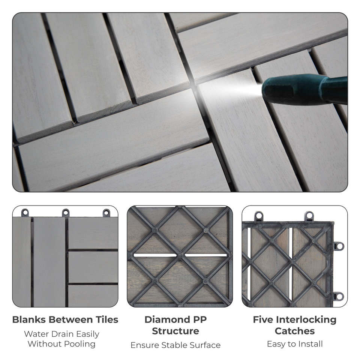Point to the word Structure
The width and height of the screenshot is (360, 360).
pos(175,331)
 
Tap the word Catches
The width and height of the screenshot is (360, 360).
pos(295,331)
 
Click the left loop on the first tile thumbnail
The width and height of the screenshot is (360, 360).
pos(25,213)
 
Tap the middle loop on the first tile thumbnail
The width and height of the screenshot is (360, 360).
pos(66,213)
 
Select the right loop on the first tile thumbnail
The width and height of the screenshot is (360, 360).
pos(106,213)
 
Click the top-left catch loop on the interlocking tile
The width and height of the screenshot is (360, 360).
pos(259,216)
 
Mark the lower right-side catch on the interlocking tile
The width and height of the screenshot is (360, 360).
pos(339,296)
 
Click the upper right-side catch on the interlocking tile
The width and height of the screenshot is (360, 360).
pos(339,246)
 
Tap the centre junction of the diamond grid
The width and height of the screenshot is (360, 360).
pos(180,255)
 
